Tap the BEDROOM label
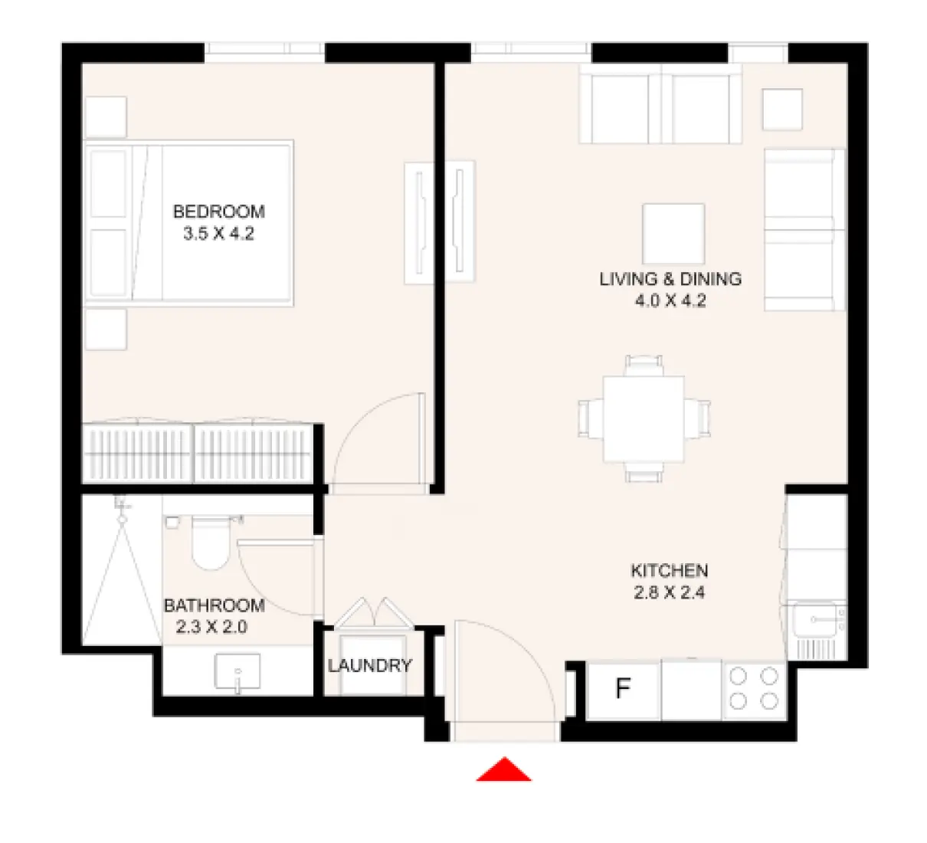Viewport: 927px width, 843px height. pos(218,212)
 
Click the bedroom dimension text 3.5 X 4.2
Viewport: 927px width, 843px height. pos(218,234)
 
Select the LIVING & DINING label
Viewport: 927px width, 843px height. pos(670,279)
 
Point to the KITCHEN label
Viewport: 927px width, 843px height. pos(669,571)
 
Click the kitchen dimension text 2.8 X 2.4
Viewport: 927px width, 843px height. pos(669,592)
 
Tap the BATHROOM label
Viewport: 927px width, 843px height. pos(214,605)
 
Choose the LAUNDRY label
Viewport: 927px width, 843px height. pos(370,666)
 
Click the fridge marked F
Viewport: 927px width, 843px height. pos(623,690)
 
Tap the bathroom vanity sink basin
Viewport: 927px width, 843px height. pos(237,673)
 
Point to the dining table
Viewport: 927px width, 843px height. pos(644,418)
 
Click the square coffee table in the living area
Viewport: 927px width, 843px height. pos(673,234)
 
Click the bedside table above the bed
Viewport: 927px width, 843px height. pos(106,116)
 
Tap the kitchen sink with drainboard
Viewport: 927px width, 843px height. pos(816,630)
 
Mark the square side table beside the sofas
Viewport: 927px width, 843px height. pos(782,110)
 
